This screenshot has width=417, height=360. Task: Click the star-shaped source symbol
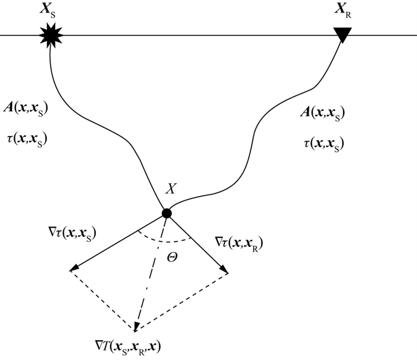51,36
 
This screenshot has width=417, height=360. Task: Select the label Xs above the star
49,10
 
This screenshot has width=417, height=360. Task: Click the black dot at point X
167,213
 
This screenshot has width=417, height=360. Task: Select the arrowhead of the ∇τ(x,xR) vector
225,271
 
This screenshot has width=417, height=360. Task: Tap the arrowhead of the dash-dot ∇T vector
137,327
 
